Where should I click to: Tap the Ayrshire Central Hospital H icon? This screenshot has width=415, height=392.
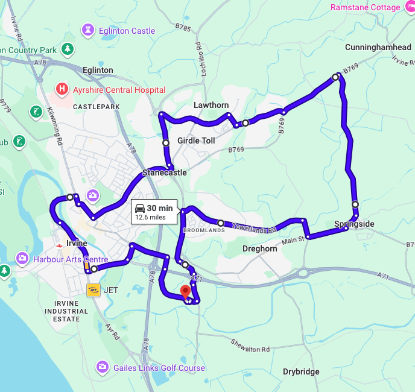[x=62, y=90]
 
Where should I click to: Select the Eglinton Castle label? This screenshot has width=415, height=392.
[x=126, y=31]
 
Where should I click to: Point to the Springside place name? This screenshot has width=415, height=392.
[x=354, y=224]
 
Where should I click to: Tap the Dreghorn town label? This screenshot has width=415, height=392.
[x=259, y=248]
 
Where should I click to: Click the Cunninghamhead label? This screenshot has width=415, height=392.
[x=378, y=48]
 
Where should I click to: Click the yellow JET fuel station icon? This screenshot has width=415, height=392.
[x=93, y=290]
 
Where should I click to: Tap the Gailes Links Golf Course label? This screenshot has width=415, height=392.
[x=158, y=368]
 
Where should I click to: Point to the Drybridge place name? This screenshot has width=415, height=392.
[x=301, y=371]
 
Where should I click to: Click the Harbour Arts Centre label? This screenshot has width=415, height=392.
[x=71, y=259]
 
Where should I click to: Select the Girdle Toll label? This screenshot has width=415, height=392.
[x=196, y=141]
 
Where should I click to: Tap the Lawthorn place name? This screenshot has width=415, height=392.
[x=211, y=105]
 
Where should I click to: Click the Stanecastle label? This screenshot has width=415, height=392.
[x=164, y=173]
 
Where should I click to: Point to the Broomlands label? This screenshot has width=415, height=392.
[x=203, y=230]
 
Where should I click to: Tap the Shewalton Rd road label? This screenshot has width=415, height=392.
[x=250, y=345]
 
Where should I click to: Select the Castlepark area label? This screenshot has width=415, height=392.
[x=97, y=107]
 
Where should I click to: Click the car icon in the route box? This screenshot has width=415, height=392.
[x=140, y=209]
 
